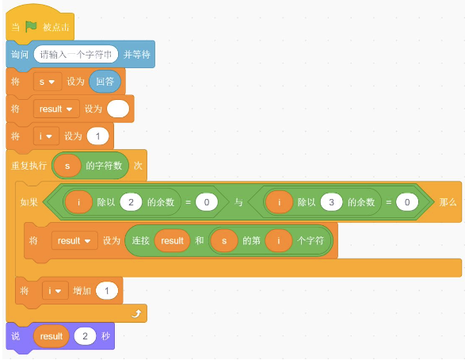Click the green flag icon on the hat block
point(31,27)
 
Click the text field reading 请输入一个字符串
point(76,54)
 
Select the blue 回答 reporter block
point(105,82)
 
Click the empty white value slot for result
point(118,109)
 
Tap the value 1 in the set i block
point(98,136)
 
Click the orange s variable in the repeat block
point(67,166)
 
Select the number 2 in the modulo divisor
point(131,202)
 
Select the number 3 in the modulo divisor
point(332,202)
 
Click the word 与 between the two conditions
point(238,202)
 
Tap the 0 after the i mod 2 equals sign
point(207,202)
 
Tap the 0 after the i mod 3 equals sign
point(407,202)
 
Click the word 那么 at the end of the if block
point(448,202)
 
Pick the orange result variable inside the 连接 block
point(173,240)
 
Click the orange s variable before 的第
point(224,240)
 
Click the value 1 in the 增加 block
point(107,290)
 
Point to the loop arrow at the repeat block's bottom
point(136,313)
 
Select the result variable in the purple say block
point(51,336)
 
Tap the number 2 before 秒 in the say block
point(85,336)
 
